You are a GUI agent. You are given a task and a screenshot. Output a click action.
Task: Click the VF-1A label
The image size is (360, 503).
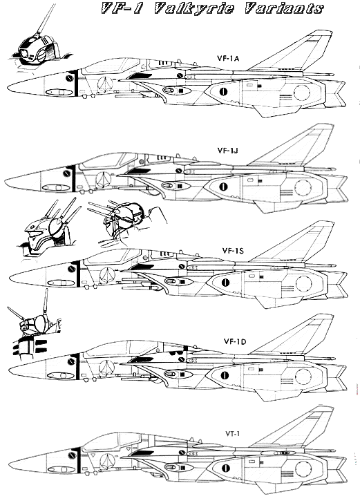tap(228, 58)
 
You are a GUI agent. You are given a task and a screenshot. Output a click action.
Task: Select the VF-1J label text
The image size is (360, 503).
tap(227, 150)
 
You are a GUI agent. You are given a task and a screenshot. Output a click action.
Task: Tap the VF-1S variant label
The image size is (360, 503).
tap(233, 250)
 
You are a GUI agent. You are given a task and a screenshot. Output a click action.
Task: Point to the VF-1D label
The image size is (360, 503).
tap(235, 341)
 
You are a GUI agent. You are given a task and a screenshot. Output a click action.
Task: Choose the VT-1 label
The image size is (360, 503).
tap(233, 434)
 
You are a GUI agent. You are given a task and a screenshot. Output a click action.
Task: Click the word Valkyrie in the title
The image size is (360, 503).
tap(194, 8)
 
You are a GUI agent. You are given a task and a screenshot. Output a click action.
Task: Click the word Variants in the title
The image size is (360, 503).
tap(283, 8)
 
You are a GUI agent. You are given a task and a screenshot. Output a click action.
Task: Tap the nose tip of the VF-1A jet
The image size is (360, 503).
tap(8, 87)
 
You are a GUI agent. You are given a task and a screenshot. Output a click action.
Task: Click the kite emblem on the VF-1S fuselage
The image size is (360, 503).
tap(108, 274)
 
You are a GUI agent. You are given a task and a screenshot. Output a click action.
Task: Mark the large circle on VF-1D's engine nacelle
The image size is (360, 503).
tap(303, 376)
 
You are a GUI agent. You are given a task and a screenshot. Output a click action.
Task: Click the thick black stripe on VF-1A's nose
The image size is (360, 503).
tap(76, 84)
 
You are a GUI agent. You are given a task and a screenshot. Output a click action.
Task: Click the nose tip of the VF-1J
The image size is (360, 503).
tap(6, 182)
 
